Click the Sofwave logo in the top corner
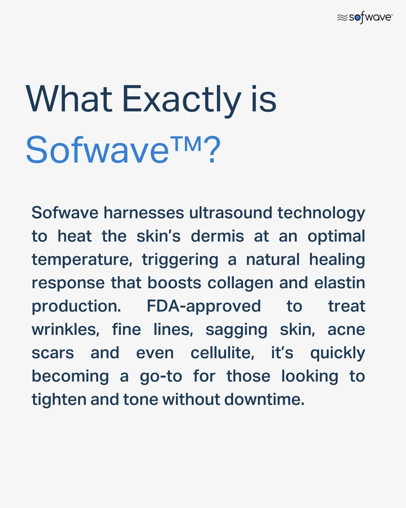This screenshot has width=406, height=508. point(365,17)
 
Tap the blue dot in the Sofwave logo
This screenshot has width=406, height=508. point(358,17)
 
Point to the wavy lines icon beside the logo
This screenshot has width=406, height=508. point(342,18)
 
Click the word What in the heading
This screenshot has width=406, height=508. point(69,99)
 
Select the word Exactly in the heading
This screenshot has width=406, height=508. point(182,101)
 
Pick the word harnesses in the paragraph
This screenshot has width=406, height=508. point(144,213)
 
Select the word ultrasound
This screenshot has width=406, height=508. point(231,213)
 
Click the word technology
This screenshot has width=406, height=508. point(321,213)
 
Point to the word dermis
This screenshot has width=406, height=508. point(217,236)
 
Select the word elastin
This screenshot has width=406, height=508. point(340,283)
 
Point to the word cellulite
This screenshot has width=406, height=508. point(223,353)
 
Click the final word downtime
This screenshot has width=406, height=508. point(264,399)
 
